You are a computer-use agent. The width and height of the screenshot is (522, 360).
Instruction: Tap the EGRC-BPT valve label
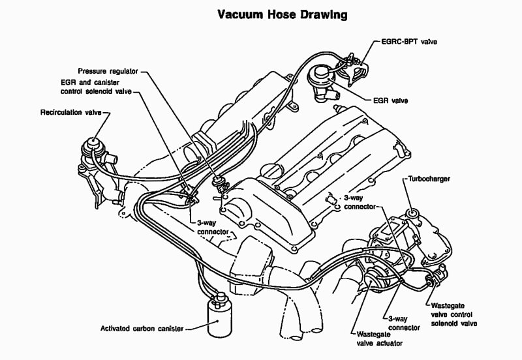[410, 42]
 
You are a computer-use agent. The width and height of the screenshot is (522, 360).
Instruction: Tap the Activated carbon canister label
[142, 328]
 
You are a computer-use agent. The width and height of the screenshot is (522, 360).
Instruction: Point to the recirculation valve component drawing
[93, 145]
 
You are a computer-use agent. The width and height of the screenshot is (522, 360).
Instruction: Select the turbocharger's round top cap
[412, 215]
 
